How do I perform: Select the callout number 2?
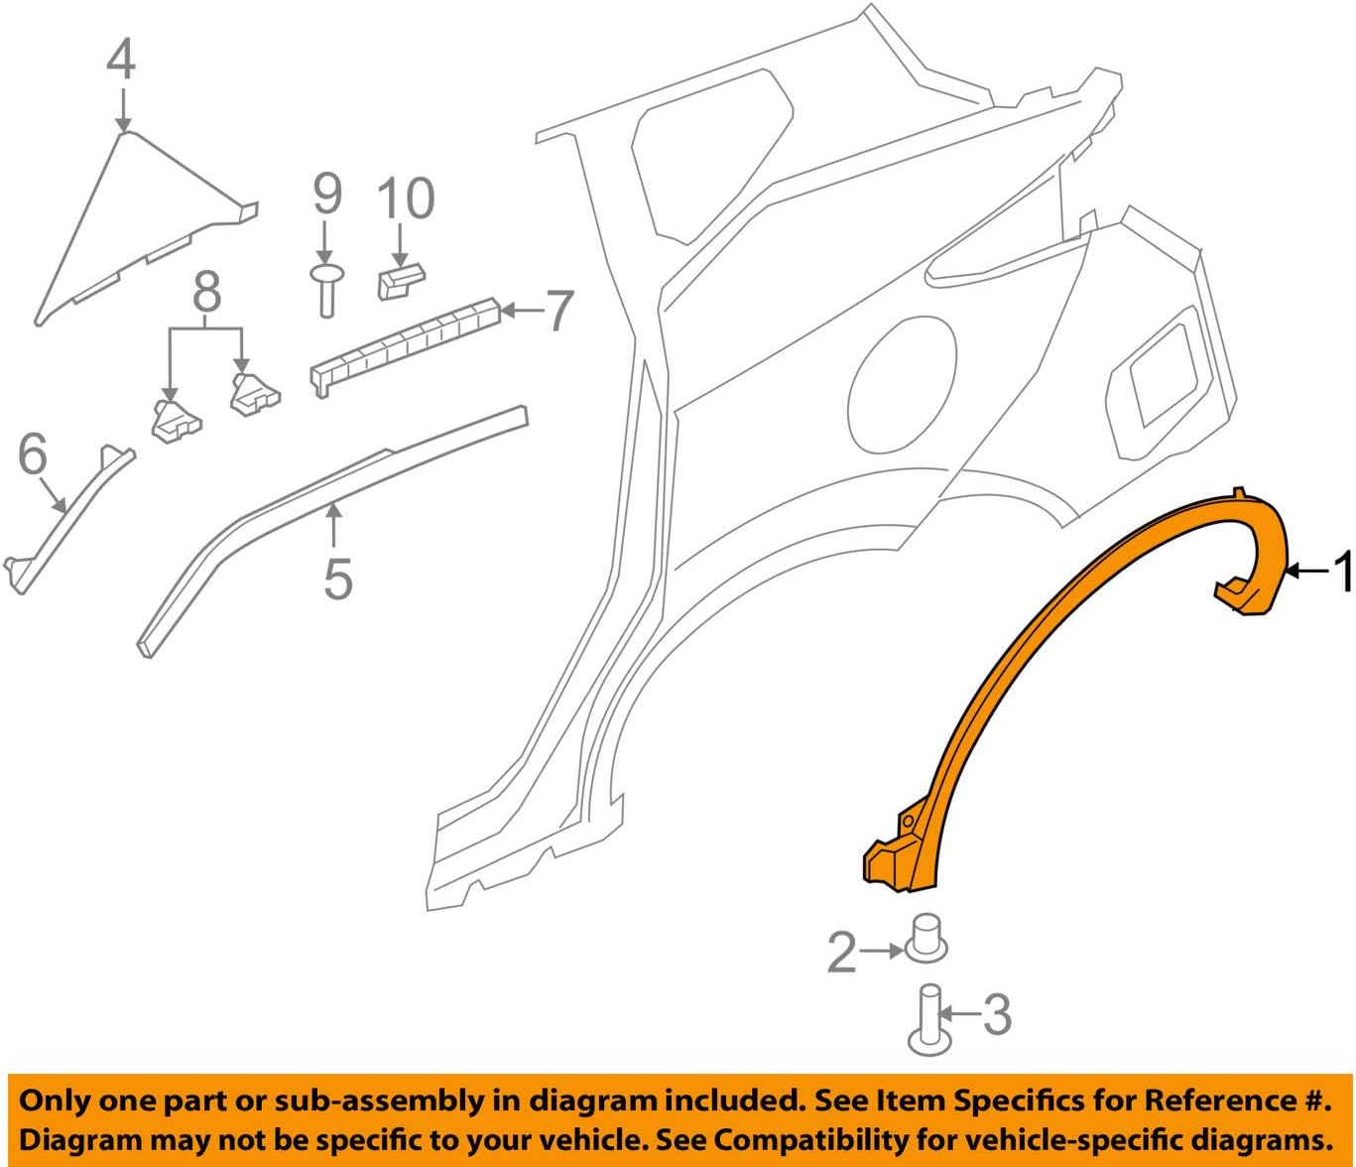point(841,952)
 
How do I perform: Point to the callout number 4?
point(121,60)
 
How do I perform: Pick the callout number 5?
point(337,578)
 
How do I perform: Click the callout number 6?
point(33,454)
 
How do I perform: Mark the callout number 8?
point(206,293)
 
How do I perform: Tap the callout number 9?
point(327,194)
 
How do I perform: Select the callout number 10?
point(405,198)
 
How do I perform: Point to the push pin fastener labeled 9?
point(326,288)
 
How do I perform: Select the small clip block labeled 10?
point(401,280)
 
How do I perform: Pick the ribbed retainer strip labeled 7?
point(407,342)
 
